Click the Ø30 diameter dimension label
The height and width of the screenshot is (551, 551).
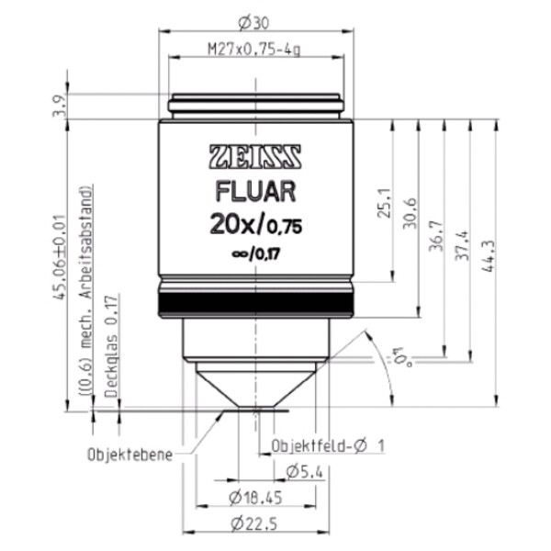253,24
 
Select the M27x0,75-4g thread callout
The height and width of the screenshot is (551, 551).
254,50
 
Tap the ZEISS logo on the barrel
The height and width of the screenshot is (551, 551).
255,157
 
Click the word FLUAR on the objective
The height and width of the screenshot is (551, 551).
255,192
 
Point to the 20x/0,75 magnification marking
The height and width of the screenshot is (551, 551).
256,225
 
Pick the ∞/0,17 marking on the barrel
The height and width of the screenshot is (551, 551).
256,253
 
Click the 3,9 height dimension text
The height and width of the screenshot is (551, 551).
59,107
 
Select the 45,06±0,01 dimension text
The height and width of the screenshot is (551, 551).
59,257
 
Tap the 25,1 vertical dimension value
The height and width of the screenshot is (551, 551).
384,203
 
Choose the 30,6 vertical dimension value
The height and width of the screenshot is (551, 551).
410,213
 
